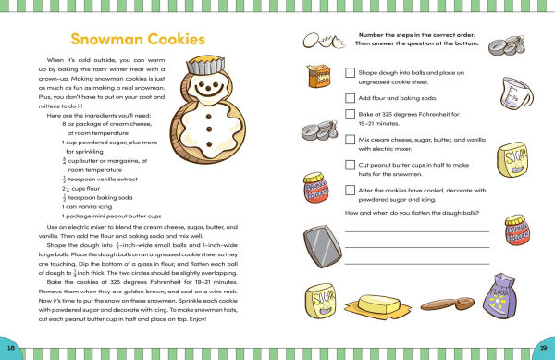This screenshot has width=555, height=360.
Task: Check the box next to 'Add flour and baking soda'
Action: coord(350,96)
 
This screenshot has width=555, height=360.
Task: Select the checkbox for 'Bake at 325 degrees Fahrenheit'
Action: coord(350,116)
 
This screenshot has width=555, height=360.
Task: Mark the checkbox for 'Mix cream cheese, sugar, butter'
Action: coord(350,141)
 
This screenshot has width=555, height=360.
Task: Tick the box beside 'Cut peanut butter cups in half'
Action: coord(350,166)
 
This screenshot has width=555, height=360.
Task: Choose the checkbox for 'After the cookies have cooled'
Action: coord(350,191)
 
